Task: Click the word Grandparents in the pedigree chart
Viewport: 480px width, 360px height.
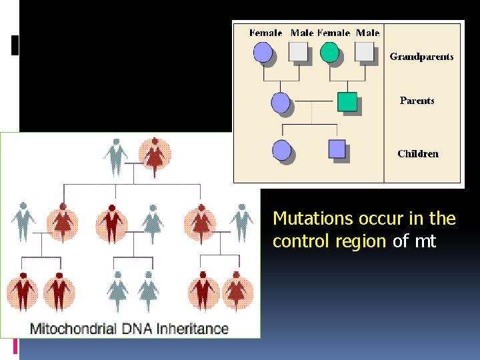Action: [421, 57]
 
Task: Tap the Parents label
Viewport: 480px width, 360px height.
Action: [417, 101]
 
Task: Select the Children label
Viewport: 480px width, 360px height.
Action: [418, 154]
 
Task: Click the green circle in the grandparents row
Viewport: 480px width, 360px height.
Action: [329, 51]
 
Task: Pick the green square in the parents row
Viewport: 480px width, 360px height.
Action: [347, 101]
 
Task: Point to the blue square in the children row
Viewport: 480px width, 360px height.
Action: [337, 149]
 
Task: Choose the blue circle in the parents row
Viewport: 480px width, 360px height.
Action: [281, 103]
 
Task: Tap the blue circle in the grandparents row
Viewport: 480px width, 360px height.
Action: [263, 52]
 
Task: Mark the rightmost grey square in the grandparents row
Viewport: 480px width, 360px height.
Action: [364, 51]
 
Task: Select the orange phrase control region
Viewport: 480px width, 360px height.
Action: [329, 241]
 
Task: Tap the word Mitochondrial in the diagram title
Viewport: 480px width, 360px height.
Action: [73, 329]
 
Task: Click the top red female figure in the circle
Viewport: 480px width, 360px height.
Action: [155, 155]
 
